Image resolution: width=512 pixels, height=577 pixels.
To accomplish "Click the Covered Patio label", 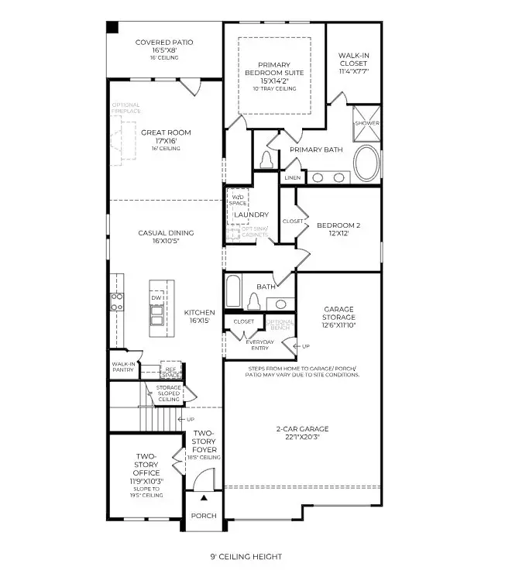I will (164, 43).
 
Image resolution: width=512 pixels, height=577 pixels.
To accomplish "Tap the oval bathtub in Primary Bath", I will (367, 163).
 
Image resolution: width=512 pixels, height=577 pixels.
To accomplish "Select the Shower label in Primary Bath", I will (366, 123).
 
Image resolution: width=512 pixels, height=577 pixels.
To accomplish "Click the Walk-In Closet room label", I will (353, 60).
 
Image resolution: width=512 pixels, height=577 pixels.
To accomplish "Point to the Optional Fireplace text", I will (126, 108).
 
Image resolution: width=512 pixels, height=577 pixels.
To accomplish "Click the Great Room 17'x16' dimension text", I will (165, 141).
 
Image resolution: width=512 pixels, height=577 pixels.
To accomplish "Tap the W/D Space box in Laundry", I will (238, 201).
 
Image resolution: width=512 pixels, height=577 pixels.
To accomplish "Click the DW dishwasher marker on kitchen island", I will (156, 297).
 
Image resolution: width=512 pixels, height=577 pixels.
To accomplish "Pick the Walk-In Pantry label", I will (123, 366).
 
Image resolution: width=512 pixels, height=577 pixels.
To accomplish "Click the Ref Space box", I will (171, 372).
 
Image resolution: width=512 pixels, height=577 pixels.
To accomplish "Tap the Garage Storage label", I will (338, 313).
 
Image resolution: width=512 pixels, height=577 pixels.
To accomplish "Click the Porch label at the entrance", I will (204, 516).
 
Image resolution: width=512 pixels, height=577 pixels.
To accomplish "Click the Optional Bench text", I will (280, 324).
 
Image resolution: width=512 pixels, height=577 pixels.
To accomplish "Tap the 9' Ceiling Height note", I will (246, 556).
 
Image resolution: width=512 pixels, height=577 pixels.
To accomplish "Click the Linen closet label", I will (292, 177).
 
